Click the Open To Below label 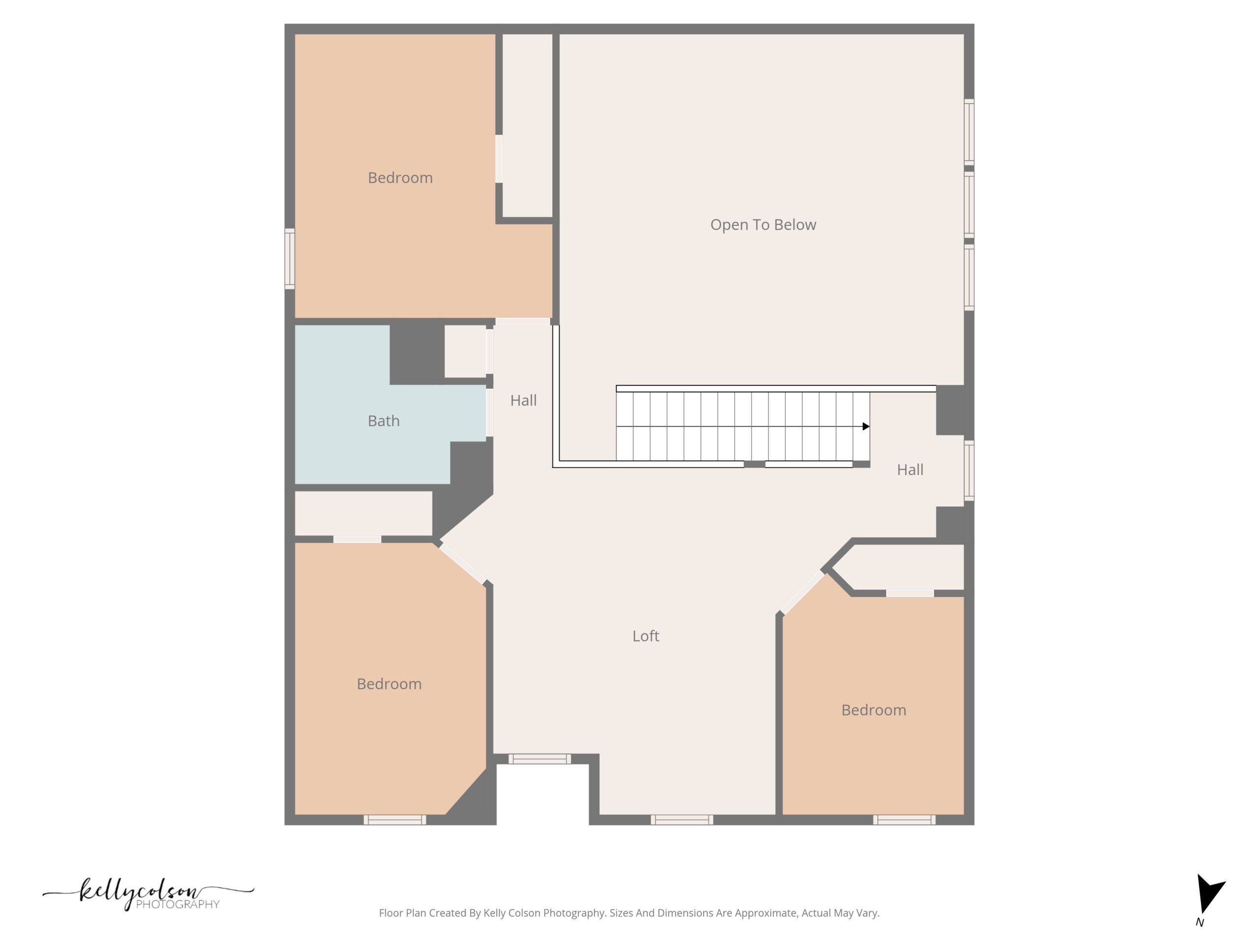(763, 225)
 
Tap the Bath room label (384, 421)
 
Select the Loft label (645, 636)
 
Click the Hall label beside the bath (523, 401)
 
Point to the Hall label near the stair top (910, 470)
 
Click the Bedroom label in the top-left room (400, 178)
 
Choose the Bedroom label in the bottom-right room (873, 710)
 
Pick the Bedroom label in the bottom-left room (390, 684)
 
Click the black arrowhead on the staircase (866, 426)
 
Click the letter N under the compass (1200, 923)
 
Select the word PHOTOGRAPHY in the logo (178, 905)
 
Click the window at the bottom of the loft (682, 819)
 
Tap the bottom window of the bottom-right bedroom (904, 819)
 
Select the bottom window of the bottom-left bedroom (395, 819)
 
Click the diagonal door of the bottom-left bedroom (463, 564)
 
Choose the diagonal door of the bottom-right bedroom (803, 593)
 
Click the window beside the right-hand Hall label (969, 471)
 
